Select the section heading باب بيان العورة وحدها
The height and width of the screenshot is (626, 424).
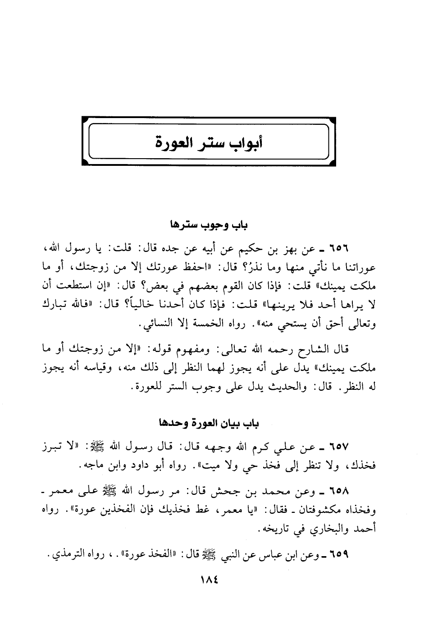point(209,424)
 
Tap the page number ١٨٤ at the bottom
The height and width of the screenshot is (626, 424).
point(208,579)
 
